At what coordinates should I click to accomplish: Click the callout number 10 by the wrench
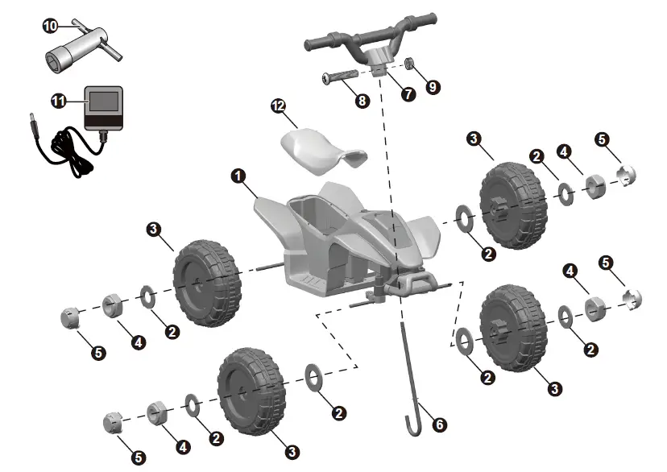(x=50, y=27)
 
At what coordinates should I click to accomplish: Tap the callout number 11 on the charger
(x=57, y=101)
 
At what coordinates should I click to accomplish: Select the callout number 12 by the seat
(x=279, y=107)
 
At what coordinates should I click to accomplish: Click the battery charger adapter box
(x=105, y=109)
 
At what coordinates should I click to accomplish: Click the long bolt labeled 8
(x=339, y=77)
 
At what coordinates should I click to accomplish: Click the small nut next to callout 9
(x=409, y=64)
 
